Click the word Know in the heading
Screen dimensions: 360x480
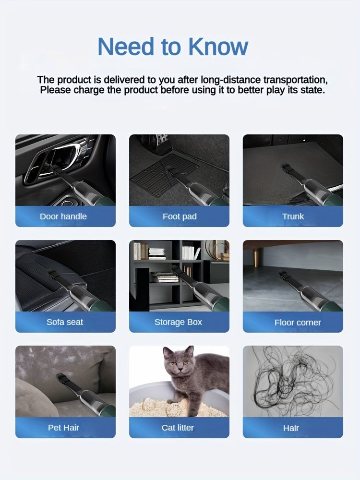tap(218, 47)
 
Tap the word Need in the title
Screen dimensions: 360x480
tap(125, 47)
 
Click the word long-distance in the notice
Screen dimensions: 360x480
tap(231, 80)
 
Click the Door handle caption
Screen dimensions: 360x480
tap(63, 216)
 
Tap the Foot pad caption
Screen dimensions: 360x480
tap(180, 216)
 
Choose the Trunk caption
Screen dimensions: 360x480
tap(293, 216)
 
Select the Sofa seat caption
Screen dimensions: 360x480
tap(65, 322)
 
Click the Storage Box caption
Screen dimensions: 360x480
tap(178, 322)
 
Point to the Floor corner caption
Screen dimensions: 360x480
tap(298, 323)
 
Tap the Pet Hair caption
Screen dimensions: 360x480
tap(63, 428)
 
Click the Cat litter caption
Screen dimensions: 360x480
tap(178, 428)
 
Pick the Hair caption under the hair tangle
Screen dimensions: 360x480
tap(291, 428)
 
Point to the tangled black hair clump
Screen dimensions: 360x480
tap(294, 379)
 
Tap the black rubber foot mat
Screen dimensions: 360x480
tap(165, 175)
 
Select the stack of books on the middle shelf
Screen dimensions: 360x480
tap(165, 277)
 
